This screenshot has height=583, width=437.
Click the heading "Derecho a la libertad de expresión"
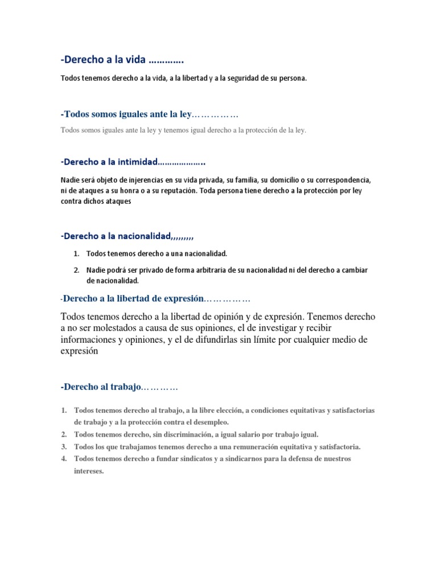click(133, 298)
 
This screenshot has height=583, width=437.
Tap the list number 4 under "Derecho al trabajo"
click(64, 459)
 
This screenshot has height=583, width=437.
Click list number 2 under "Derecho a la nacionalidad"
click(76, 270)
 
